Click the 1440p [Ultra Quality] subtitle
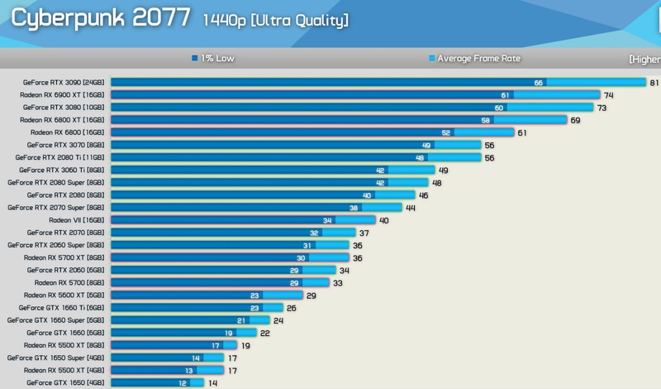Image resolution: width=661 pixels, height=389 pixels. (x=275, y=20)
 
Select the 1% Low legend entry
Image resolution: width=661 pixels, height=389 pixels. (x=214, y=59)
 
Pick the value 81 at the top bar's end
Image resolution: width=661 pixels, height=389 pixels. (x=653, y=83)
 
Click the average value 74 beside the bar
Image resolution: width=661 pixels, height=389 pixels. (x=608, y=95)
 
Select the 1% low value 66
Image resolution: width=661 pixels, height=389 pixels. (x=539, y=83)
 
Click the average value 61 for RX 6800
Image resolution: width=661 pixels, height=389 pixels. (x=521, y=132)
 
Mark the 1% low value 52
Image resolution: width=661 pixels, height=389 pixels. (x=446, y=132)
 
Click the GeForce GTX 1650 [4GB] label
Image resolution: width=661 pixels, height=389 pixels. (x=66, y=383)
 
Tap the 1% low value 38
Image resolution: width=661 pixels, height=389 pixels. (x=354, y=208)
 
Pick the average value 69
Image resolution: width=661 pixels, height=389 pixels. (x=576, y=120)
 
